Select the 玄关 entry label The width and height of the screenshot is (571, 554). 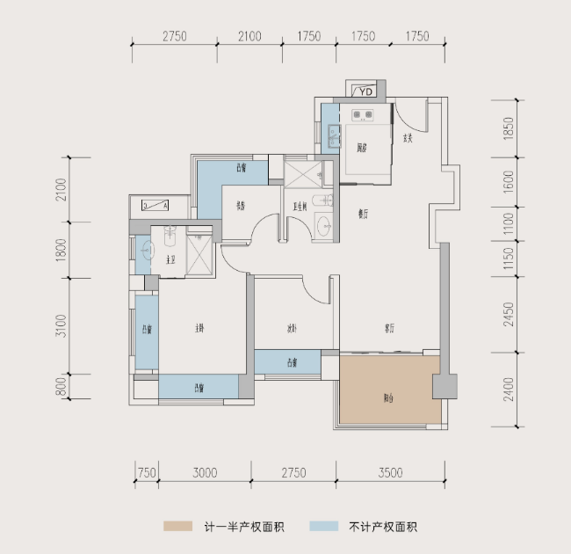[x=408, y=138]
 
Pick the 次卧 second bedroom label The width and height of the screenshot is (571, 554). [x=291, y=329]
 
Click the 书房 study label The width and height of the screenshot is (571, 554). [x=239, y=208]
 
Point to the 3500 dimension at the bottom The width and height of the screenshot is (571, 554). [x=391, y=473]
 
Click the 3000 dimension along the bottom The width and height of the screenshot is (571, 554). [x=204, y=473]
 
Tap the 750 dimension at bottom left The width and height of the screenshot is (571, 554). [x=147, y=473]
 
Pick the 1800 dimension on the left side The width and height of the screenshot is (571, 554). [x=61, y=251]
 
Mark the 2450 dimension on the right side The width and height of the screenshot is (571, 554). [x=507, y=312]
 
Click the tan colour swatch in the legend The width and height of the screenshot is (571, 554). [x=177, y=527]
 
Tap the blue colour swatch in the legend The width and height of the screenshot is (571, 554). [x=324, y=527]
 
